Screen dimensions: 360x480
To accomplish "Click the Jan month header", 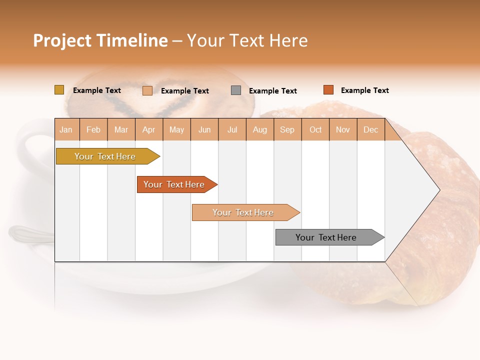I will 66,129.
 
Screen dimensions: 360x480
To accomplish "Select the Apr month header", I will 149,129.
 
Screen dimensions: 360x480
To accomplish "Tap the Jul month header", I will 232,129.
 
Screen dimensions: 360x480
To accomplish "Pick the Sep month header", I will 287,129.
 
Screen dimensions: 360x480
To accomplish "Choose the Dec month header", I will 370,129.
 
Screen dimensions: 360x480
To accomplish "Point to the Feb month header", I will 93,129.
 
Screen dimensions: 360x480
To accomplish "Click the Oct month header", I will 315,129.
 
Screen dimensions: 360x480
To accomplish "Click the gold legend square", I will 59,90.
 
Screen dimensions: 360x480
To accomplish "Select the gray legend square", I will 236,90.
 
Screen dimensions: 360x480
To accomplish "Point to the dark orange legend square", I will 328,90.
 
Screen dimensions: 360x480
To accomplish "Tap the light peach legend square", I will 147,90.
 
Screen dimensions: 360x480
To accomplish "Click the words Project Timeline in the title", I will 100,40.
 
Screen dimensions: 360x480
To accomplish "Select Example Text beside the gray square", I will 272,91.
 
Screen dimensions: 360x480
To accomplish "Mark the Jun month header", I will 204,129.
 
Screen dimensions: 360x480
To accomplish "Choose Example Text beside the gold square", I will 96,90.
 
